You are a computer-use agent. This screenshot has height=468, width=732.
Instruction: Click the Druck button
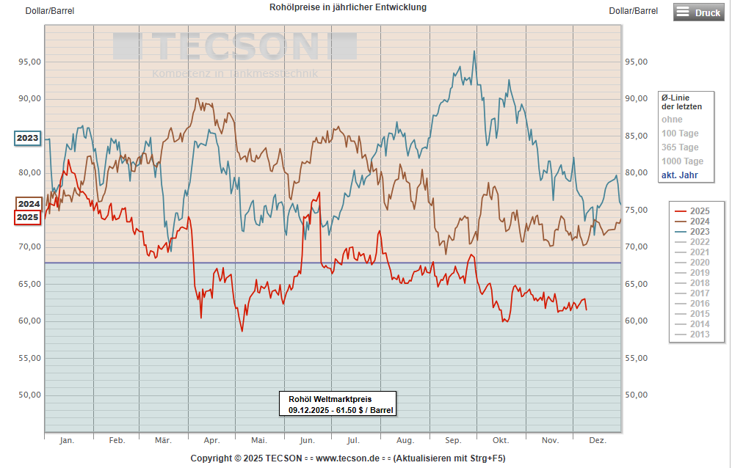[698, 12]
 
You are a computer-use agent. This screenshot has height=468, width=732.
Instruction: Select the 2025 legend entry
[698, 211]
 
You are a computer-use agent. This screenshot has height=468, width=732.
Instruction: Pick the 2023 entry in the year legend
[698, 232]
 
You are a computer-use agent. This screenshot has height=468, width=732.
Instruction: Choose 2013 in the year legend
[698, 334]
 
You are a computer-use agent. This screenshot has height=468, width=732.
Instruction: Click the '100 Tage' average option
[680, 134]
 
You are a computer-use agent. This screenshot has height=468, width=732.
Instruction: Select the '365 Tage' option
[680, 147]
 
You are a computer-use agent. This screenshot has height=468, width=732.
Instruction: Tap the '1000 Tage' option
[682, 161]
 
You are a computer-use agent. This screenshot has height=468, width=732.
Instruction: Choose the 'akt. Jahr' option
[679, 175]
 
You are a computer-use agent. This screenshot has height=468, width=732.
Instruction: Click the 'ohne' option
[672, 120]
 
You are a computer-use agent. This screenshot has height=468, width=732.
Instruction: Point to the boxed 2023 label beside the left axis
[28, 138]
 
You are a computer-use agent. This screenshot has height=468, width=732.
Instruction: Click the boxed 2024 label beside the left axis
[28, 204]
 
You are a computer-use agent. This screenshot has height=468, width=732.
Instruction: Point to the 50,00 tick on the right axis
[635, 395]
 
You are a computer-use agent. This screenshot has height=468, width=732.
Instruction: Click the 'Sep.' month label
[453, 441]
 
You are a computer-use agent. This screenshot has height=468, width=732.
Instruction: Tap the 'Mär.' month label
[163, 441]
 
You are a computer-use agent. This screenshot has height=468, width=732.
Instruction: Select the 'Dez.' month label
[598, 441]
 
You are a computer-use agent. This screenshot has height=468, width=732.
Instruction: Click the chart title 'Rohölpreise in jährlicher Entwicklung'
[348, 7]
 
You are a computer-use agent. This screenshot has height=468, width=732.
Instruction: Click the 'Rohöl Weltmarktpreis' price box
[337, 404]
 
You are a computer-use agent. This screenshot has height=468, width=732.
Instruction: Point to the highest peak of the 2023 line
[474, 51]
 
